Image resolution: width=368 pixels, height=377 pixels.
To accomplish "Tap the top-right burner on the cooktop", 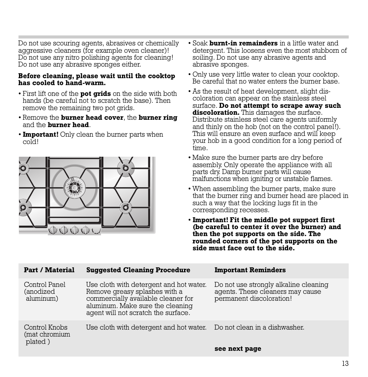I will click(x=125, y=168).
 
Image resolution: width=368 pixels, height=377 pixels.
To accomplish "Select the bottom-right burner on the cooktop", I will click(x=125, y=208).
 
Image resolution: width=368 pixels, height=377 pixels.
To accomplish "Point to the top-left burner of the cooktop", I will click(x=23, y=168).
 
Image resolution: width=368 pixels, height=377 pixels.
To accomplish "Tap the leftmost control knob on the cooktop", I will click(x=53, y=230).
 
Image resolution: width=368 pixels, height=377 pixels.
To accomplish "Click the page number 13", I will click(x=345, y=364).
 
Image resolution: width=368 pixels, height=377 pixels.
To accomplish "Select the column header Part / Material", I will click(x=49, y=270).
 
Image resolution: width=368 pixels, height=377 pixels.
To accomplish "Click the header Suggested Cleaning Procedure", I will click(x=138, y=270).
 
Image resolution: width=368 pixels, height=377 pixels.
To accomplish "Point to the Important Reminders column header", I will click(x=250, y=270).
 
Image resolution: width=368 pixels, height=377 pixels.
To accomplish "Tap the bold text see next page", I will click(x=238, y=349).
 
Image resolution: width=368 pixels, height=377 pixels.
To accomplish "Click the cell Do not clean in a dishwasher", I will click(x=259, y=327).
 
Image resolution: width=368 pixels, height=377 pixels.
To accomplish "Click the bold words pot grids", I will click(x=95, y=94).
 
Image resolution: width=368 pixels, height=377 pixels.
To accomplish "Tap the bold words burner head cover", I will click(x=92, y=117).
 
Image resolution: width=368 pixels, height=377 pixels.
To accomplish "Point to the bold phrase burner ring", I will click(x=158, y=117).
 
